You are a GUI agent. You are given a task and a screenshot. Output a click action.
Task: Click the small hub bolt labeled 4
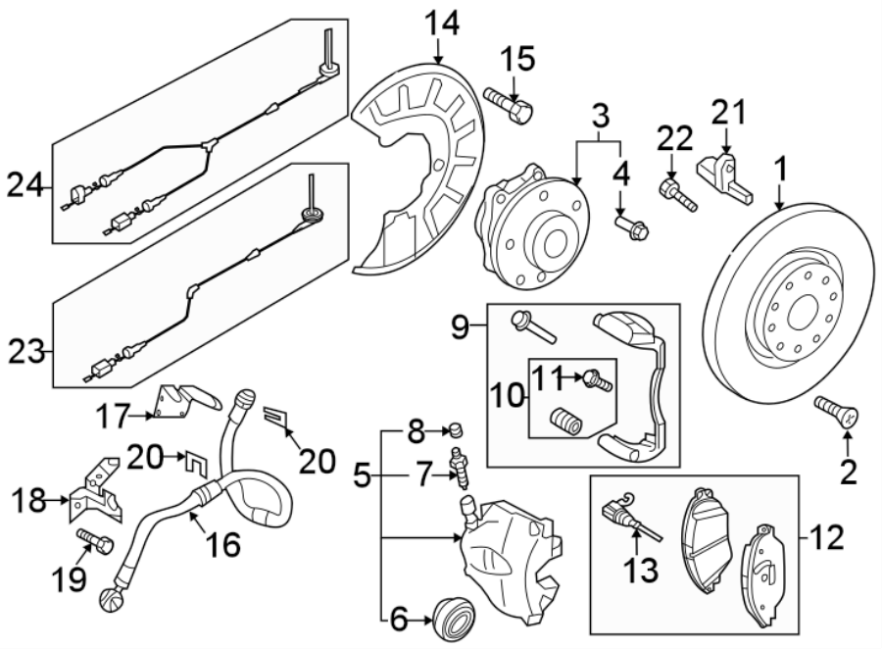[629, 228]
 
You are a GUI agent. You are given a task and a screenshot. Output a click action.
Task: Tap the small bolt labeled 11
[597, 379]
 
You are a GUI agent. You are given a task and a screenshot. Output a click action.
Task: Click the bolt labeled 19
[93, 540]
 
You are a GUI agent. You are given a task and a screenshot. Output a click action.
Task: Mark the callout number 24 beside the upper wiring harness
[26, 183]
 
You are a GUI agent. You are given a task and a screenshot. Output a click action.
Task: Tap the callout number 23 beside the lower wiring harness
[26, 350]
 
